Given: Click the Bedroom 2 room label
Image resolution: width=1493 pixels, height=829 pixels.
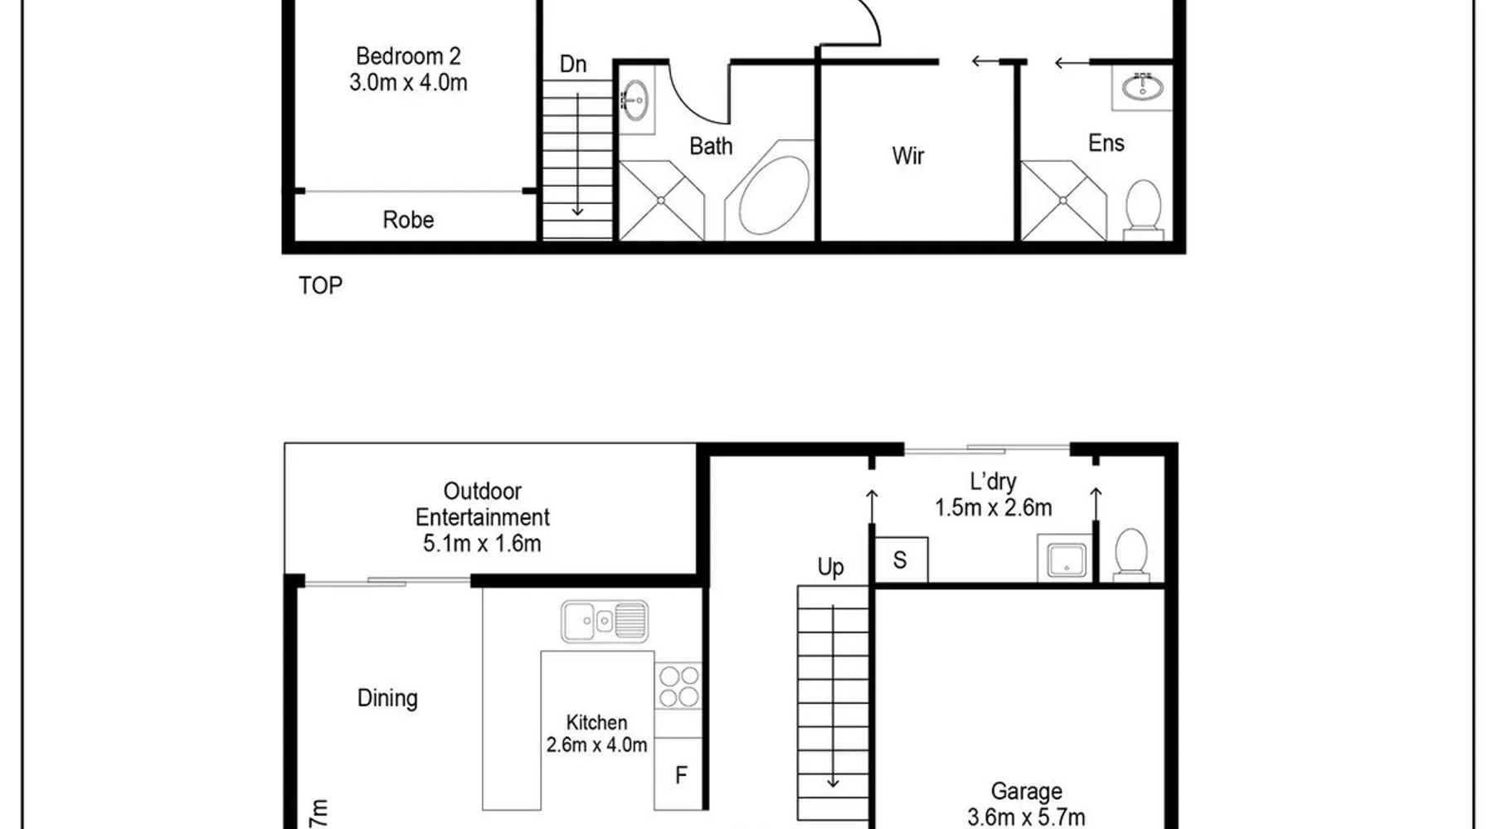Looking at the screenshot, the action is coord(408,56).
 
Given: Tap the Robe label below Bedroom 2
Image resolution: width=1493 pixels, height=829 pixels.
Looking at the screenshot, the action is coord(408,220).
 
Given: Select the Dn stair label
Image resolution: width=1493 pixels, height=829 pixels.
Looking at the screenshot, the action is coord(573,64).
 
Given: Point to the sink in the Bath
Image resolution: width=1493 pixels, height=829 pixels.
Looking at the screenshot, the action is coord(635,100).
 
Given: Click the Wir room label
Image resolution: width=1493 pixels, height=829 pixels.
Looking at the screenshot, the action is coord(908,156).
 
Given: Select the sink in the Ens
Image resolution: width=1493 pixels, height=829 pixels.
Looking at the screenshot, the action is coord(1143,86).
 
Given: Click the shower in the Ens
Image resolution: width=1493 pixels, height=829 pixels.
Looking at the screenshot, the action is coord(1063,201).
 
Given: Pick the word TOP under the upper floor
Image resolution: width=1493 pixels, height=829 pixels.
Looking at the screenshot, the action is coord(320,285).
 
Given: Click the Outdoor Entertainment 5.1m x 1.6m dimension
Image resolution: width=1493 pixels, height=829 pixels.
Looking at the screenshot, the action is coord(482,544).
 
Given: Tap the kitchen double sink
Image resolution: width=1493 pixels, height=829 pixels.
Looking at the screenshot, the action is coord(605,621).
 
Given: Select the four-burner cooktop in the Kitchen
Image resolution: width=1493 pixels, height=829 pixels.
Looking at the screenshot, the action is coord(678,686).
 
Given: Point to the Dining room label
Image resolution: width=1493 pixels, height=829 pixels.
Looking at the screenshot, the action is coord(387,698).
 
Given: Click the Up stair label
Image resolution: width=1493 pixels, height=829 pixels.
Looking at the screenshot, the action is coord(830,567).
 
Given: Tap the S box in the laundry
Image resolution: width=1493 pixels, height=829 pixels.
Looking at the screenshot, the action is coord(901,560).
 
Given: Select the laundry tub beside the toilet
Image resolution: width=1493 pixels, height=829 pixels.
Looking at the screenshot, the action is coord(1065,559).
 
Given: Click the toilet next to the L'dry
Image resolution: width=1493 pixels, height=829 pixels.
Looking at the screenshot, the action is coord(1131,554).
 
